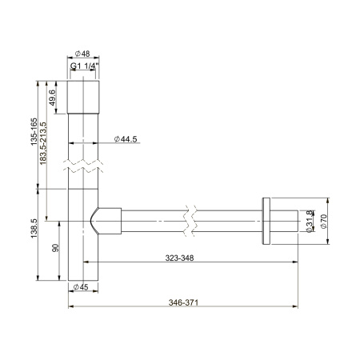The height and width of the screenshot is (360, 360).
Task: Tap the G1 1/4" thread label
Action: pos(83,68)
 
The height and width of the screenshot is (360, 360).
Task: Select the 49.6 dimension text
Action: pos(54,98)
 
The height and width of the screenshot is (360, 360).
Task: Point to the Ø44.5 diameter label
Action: pos(126,139)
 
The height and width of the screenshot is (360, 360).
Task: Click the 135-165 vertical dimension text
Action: pos(33,135)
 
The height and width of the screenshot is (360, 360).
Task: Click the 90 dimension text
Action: pos(54,250)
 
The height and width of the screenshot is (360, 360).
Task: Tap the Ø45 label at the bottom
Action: pos(81,286)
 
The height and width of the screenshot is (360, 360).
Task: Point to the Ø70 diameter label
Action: pos(323,219)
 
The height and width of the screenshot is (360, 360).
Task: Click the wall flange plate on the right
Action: pos(266,219)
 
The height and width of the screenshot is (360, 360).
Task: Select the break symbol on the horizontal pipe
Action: pos(189,218)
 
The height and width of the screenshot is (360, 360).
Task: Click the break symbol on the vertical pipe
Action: pos(82,169)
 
